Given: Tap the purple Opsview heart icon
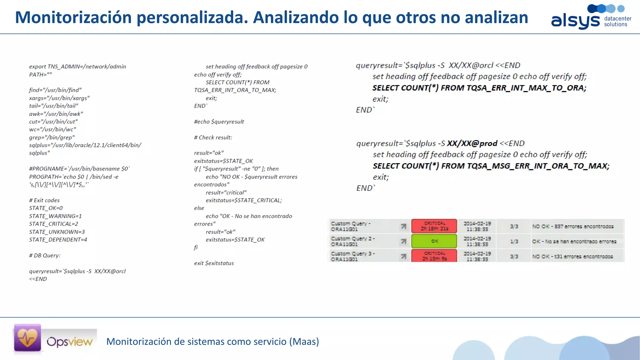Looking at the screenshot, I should [27, 338].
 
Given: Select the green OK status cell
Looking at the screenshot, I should [434, 241].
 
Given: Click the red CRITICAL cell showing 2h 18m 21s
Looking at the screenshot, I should [434, 226].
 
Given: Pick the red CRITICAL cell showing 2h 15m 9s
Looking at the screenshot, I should [434, 256].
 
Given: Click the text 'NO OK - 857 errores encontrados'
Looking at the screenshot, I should [573, 226].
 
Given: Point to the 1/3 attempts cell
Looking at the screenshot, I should [514, 242].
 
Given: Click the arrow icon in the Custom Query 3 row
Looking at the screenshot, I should [403, 257].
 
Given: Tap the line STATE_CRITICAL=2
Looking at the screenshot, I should [53, 224].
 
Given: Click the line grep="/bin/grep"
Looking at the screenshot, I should [52, 137].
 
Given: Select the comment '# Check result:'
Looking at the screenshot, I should [213, 137].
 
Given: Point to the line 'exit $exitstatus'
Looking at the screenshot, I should [214, 263].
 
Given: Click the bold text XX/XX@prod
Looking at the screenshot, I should [472, 143].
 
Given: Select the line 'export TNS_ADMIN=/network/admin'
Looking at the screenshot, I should [77, 66].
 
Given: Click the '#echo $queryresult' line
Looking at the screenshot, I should [219, 122].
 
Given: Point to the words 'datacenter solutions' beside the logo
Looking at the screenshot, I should [617, 21].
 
